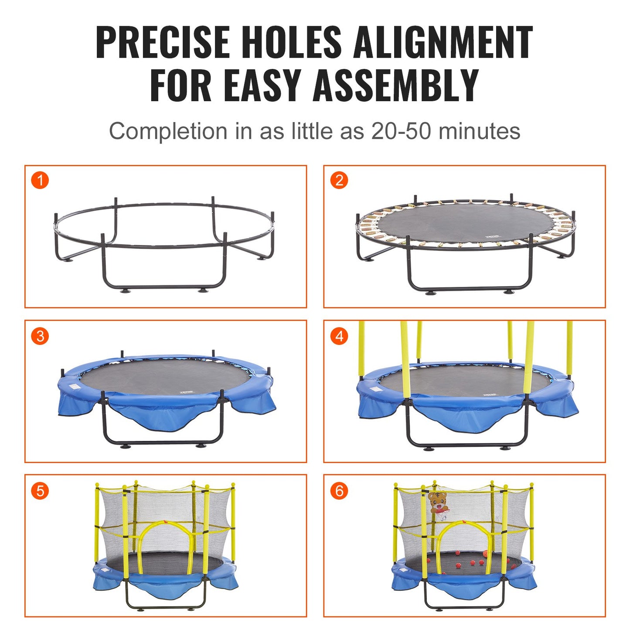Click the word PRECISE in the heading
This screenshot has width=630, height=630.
coord(162,42)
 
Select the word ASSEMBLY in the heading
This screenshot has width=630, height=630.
coord(396,85)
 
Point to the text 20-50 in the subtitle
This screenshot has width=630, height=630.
coord(402,131)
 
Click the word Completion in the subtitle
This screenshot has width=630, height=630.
coord(168,131)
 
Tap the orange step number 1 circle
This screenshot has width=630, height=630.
coord(40,180)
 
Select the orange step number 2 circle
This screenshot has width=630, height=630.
coord(339,180)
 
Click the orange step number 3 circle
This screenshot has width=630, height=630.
coord(40,336)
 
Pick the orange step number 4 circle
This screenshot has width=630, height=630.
coord(339,336)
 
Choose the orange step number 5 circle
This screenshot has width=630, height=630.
coord(40,491)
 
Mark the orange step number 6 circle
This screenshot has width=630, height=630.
coord(339,491)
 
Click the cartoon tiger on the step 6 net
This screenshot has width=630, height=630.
coord(438,504)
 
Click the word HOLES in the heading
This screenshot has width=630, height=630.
coord(292,42)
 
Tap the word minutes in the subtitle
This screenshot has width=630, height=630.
coord(479,131)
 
